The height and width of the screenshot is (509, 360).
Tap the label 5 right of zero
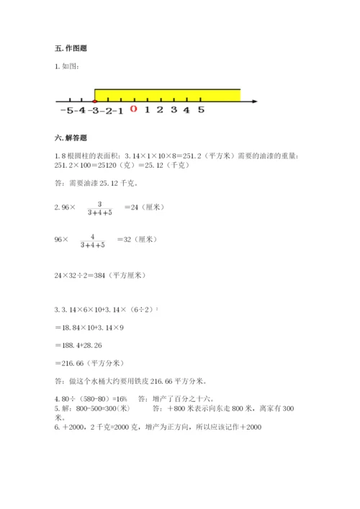[201, 110]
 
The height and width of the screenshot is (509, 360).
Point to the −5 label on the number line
[67, 110]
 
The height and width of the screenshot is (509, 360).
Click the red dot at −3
[95, 102]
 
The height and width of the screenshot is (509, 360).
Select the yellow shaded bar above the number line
[168, 94]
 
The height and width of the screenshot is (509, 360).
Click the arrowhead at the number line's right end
[255, 102]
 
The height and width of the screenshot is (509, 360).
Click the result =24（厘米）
[145, 207]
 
